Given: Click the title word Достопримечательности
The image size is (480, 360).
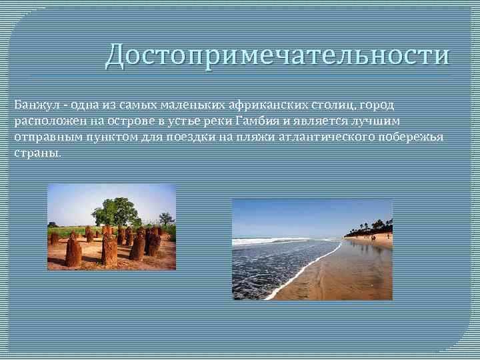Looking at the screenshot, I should click(x=277, y=55).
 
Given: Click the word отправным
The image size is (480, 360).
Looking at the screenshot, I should click(x=41, y=136).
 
